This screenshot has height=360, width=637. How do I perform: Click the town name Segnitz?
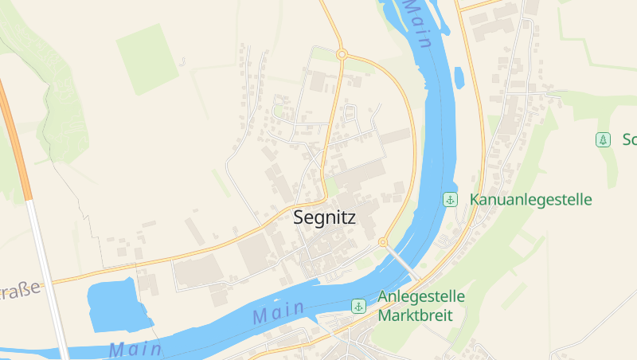click(x=324, y=217)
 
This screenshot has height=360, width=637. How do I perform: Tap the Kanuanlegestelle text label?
click(x=531, y=199)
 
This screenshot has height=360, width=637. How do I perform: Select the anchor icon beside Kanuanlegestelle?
click(x=450, y=199)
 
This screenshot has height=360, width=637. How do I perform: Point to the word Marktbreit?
click(x=415, y=315)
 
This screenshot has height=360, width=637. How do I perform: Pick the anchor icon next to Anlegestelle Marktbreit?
click(x=359, y=306)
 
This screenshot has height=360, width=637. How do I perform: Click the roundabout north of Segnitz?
click(x=342, y=54)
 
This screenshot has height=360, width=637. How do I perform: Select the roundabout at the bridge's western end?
click(x=383, y=241)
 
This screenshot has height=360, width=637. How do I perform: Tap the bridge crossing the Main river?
click(x=403, y=261)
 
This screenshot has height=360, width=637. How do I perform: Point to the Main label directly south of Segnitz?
click(x=279, y=311)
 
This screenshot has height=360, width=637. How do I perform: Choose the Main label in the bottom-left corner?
click(x=135, y=349)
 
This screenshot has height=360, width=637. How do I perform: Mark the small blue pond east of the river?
click(x=459, y=77)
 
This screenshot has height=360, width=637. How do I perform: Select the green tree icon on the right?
click(x=604, y=140)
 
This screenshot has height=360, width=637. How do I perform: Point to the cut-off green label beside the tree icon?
click(x=629, y=140)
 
